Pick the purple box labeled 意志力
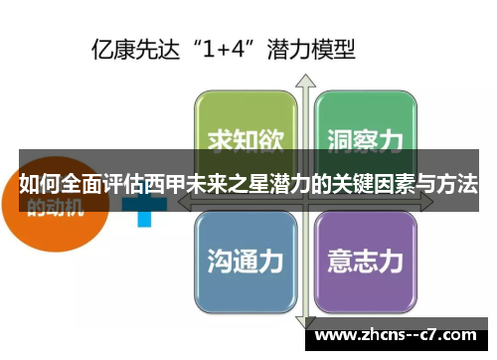click(x=364, y=260)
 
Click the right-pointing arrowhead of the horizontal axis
click(x=429, y=197)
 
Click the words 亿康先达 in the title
click(x=127, y=47)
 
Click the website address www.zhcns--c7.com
click(x=399, y=335)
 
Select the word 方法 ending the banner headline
click(x=456, y=184)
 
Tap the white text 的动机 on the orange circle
click(x=55, y=209)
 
